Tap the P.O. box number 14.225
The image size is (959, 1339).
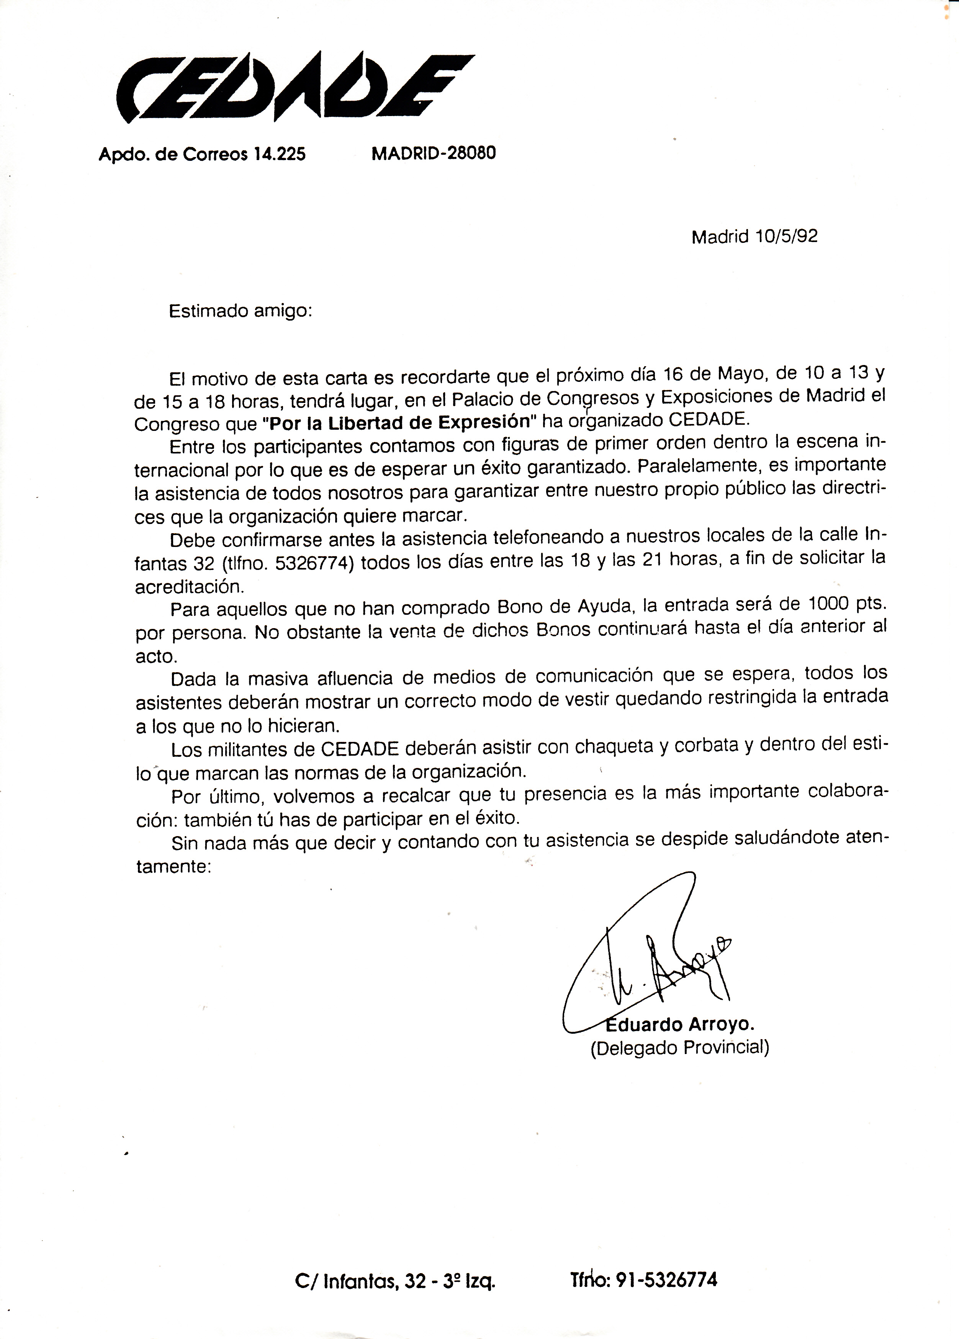(279, 155)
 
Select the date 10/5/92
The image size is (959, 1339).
(786, 236)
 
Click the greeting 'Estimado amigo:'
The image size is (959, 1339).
(240, 311)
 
